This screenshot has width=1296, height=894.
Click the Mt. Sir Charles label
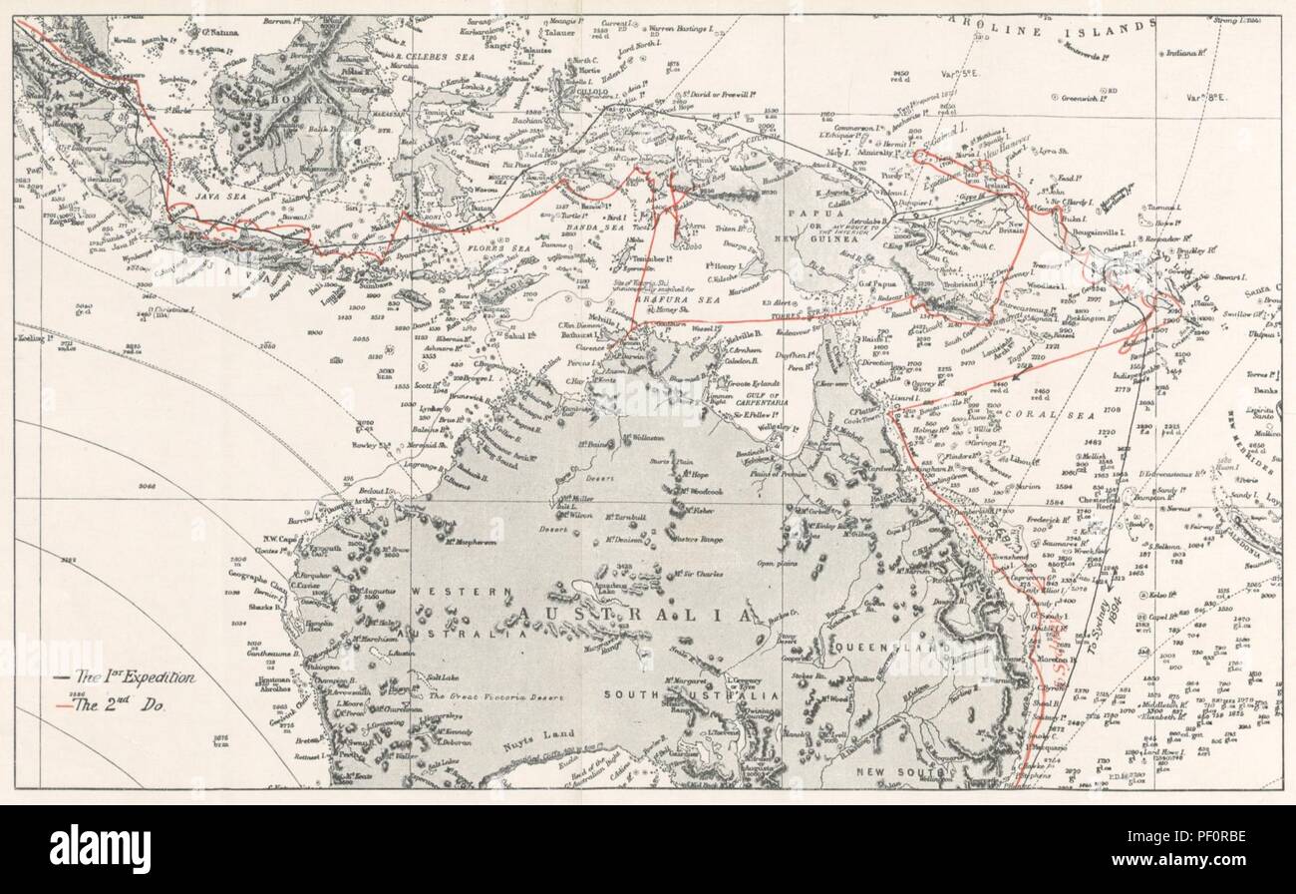pos(669,575)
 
